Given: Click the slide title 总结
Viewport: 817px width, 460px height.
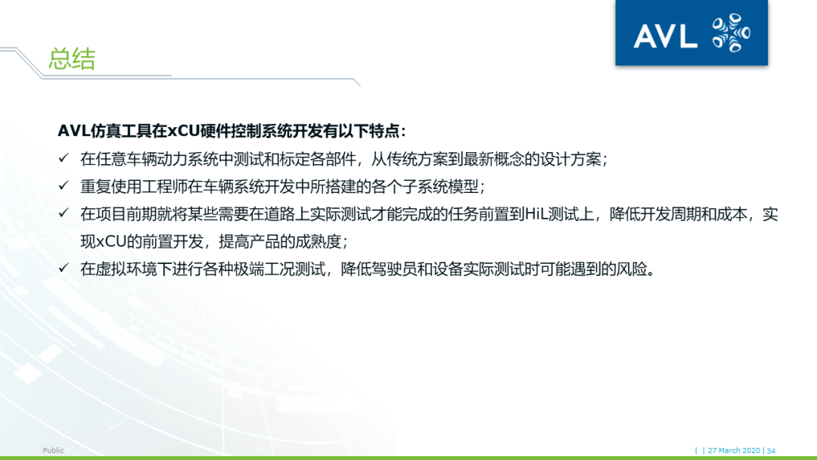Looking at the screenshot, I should (72, 59).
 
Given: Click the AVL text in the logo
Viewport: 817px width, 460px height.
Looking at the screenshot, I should (665, 35).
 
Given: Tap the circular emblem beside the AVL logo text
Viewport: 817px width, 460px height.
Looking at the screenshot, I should (731, 33).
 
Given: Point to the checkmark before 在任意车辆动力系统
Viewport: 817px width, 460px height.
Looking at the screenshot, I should (64, 159).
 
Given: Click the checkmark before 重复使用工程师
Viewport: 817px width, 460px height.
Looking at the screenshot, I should (64, 186).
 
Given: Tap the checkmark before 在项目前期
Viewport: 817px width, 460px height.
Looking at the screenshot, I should (64, 214).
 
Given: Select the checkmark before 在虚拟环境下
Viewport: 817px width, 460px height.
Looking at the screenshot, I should (64, 269).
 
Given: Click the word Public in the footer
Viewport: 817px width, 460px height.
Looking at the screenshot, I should (54, 451).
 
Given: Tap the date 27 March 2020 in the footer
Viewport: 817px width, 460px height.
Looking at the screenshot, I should (734, 451).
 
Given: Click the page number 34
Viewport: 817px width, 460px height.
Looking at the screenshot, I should (771, 451).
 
